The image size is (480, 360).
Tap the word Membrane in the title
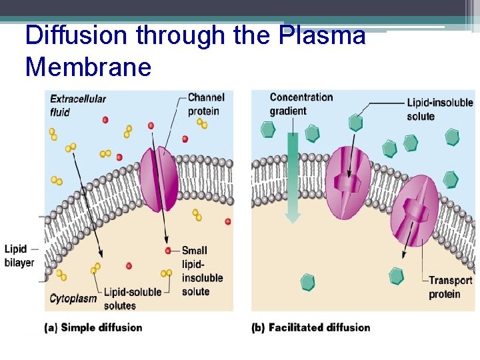(89, 66)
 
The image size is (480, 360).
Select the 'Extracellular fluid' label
(78, 105)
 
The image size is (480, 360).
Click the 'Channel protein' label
(205, 104)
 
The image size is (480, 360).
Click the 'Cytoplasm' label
(73, 298)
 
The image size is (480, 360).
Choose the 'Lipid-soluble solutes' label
(133, 299)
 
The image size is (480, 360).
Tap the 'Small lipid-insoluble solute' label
(195, 271)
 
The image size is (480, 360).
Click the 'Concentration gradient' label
(301, 103)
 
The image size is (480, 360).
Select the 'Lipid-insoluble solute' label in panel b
(439, 109)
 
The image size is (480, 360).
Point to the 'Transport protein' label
(450, 287)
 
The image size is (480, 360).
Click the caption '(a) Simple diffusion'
(93, 327)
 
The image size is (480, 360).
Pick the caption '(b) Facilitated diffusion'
(311, 327)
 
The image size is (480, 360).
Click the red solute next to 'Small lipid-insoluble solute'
(168, 251)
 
